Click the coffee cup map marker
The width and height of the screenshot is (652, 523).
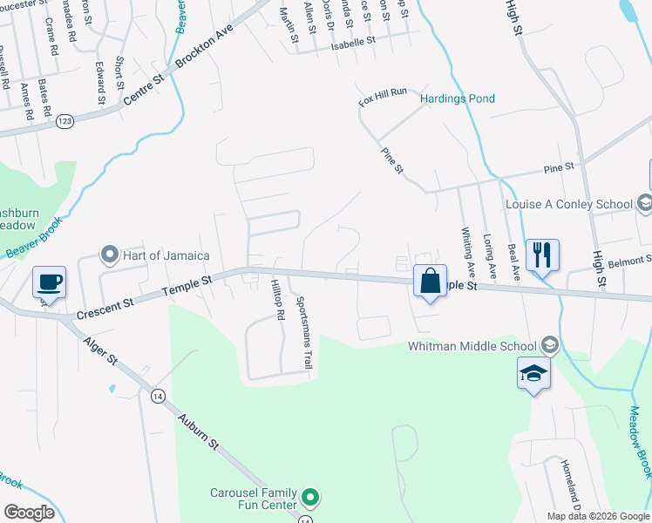(49, 283)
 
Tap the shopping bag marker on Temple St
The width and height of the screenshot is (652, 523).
(430, 282)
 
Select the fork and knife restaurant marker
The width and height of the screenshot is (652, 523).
(542, 255)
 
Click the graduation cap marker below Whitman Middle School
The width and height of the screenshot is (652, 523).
(533, 374)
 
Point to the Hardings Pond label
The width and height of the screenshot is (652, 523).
(458, 98)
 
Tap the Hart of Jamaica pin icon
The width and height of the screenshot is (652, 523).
(110, 255)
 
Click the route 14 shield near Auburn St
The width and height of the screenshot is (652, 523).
(157, 396)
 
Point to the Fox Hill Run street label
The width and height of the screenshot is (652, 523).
(383, 98)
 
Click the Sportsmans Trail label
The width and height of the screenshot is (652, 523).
(304, 331)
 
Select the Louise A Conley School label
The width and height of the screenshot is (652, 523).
(569, 204)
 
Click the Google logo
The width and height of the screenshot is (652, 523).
(29, 513)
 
